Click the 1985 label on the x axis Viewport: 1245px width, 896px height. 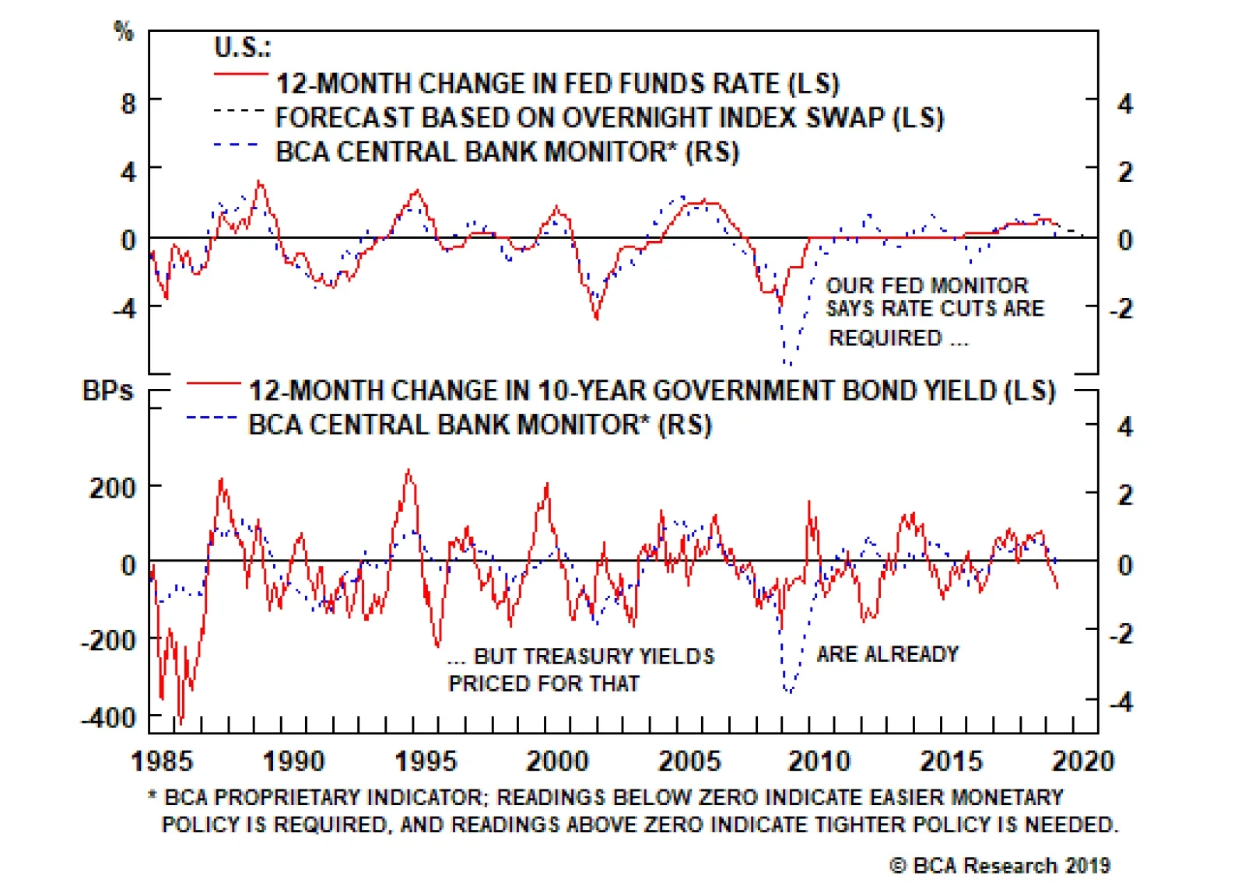coord(163,760)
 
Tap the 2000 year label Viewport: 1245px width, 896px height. coord(558,760)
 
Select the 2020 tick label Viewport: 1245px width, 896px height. coord(1083,760)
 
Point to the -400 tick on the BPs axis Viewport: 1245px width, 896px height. coord(108,716)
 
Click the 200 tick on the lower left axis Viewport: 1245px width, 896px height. coord(113,488)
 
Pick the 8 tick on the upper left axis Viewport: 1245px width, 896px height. coord(128,103)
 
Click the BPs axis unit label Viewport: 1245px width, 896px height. coord(107,390)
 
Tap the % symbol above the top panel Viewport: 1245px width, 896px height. coord(124,31)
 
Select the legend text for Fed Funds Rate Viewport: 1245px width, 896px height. coord(558,83)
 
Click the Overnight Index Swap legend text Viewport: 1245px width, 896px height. coord(609,117)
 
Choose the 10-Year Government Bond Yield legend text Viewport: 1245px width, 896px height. coord(652,390)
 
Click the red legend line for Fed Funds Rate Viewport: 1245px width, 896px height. coord(240,74)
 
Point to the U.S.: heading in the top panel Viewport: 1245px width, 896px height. coord(242,47)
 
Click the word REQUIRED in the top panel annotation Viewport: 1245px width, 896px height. coord(886,338)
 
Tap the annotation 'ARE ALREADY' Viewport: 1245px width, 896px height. coord(887,654)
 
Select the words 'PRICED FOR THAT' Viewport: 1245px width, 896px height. coord(544,684)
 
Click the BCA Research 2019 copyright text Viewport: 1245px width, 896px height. coord(1000,866)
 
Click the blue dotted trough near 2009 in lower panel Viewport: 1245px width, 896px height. coord(789,690)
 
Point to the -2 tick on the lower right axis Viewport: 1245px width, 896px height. coord(1120,634)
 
